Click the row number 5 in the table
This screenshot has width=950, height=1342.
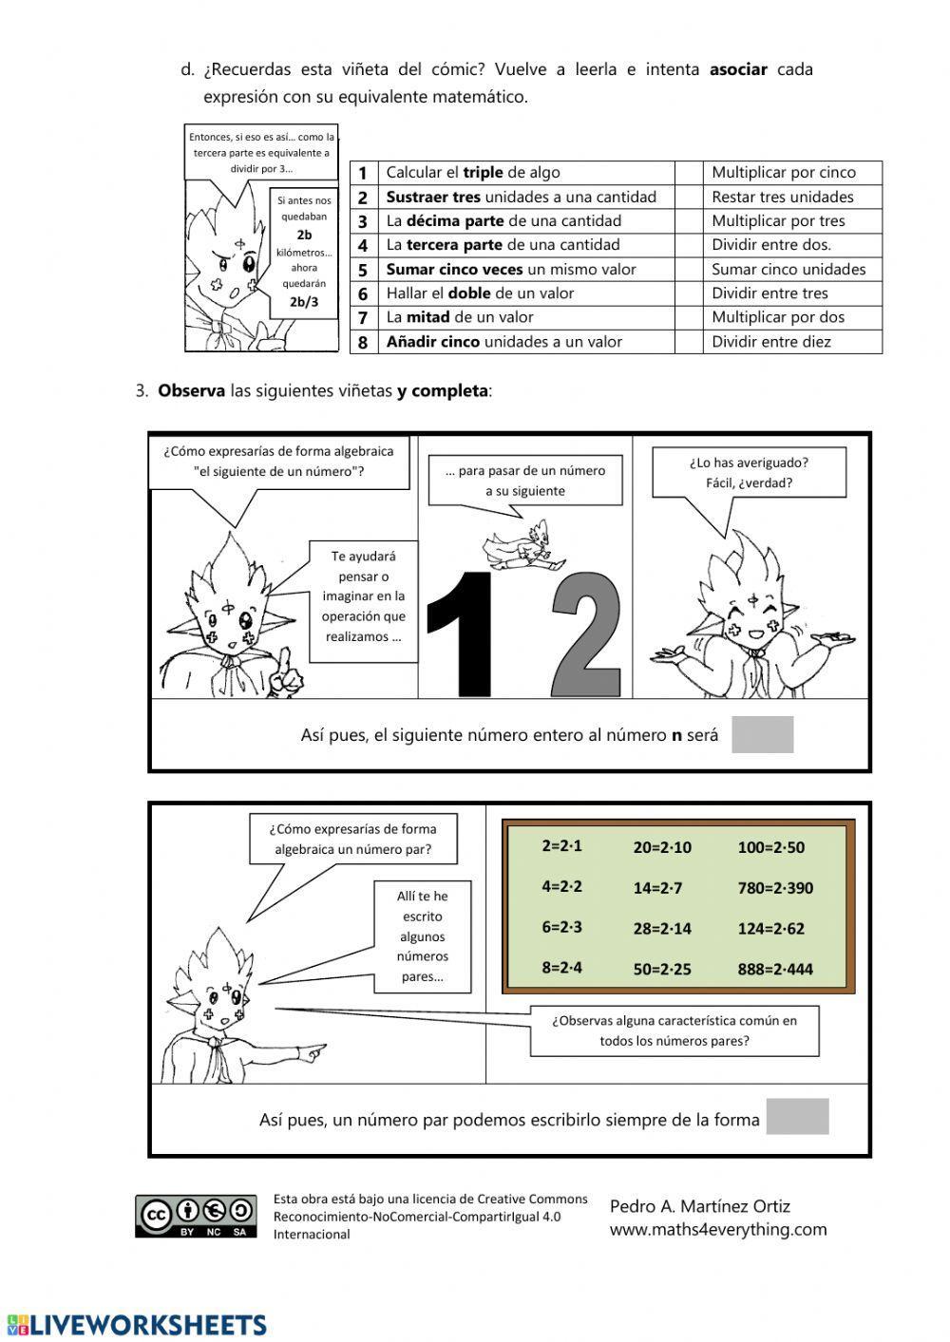[363, 270]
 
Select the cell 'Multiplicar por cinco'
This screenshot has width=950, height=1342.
[784, 173]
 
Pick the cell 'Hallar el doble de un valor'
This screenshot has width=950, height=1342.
[480, 293]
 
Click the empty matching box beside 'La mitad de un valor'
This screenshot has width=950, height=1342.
[688, 317]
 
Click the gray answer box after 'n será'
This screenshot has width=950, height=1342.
[762, 734]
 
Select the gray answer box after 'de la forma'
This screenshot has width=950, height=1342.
[797, 1116]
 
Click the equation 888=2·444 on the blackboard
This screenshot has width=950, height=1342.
[775, 970]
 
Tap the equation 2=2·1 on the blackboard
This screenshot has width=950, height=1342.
[561, 845]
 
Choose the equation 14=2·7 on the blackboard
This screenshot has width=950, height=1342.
[657, 888]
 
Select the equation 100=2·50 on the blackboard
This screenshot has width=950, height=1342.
[770, 847]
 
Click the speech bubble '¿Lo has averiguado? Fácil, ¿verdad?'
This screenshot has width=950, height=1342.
[748, 473]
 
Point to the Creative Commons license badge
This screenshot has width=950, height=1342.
[196, 1216]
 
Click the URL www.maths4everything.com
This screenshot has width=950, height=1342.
[718, 1230]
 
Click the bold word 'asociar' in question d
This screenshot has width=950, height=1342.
[738, 69]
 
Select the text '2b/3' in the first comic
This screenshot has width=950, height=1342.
[304, 304]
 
